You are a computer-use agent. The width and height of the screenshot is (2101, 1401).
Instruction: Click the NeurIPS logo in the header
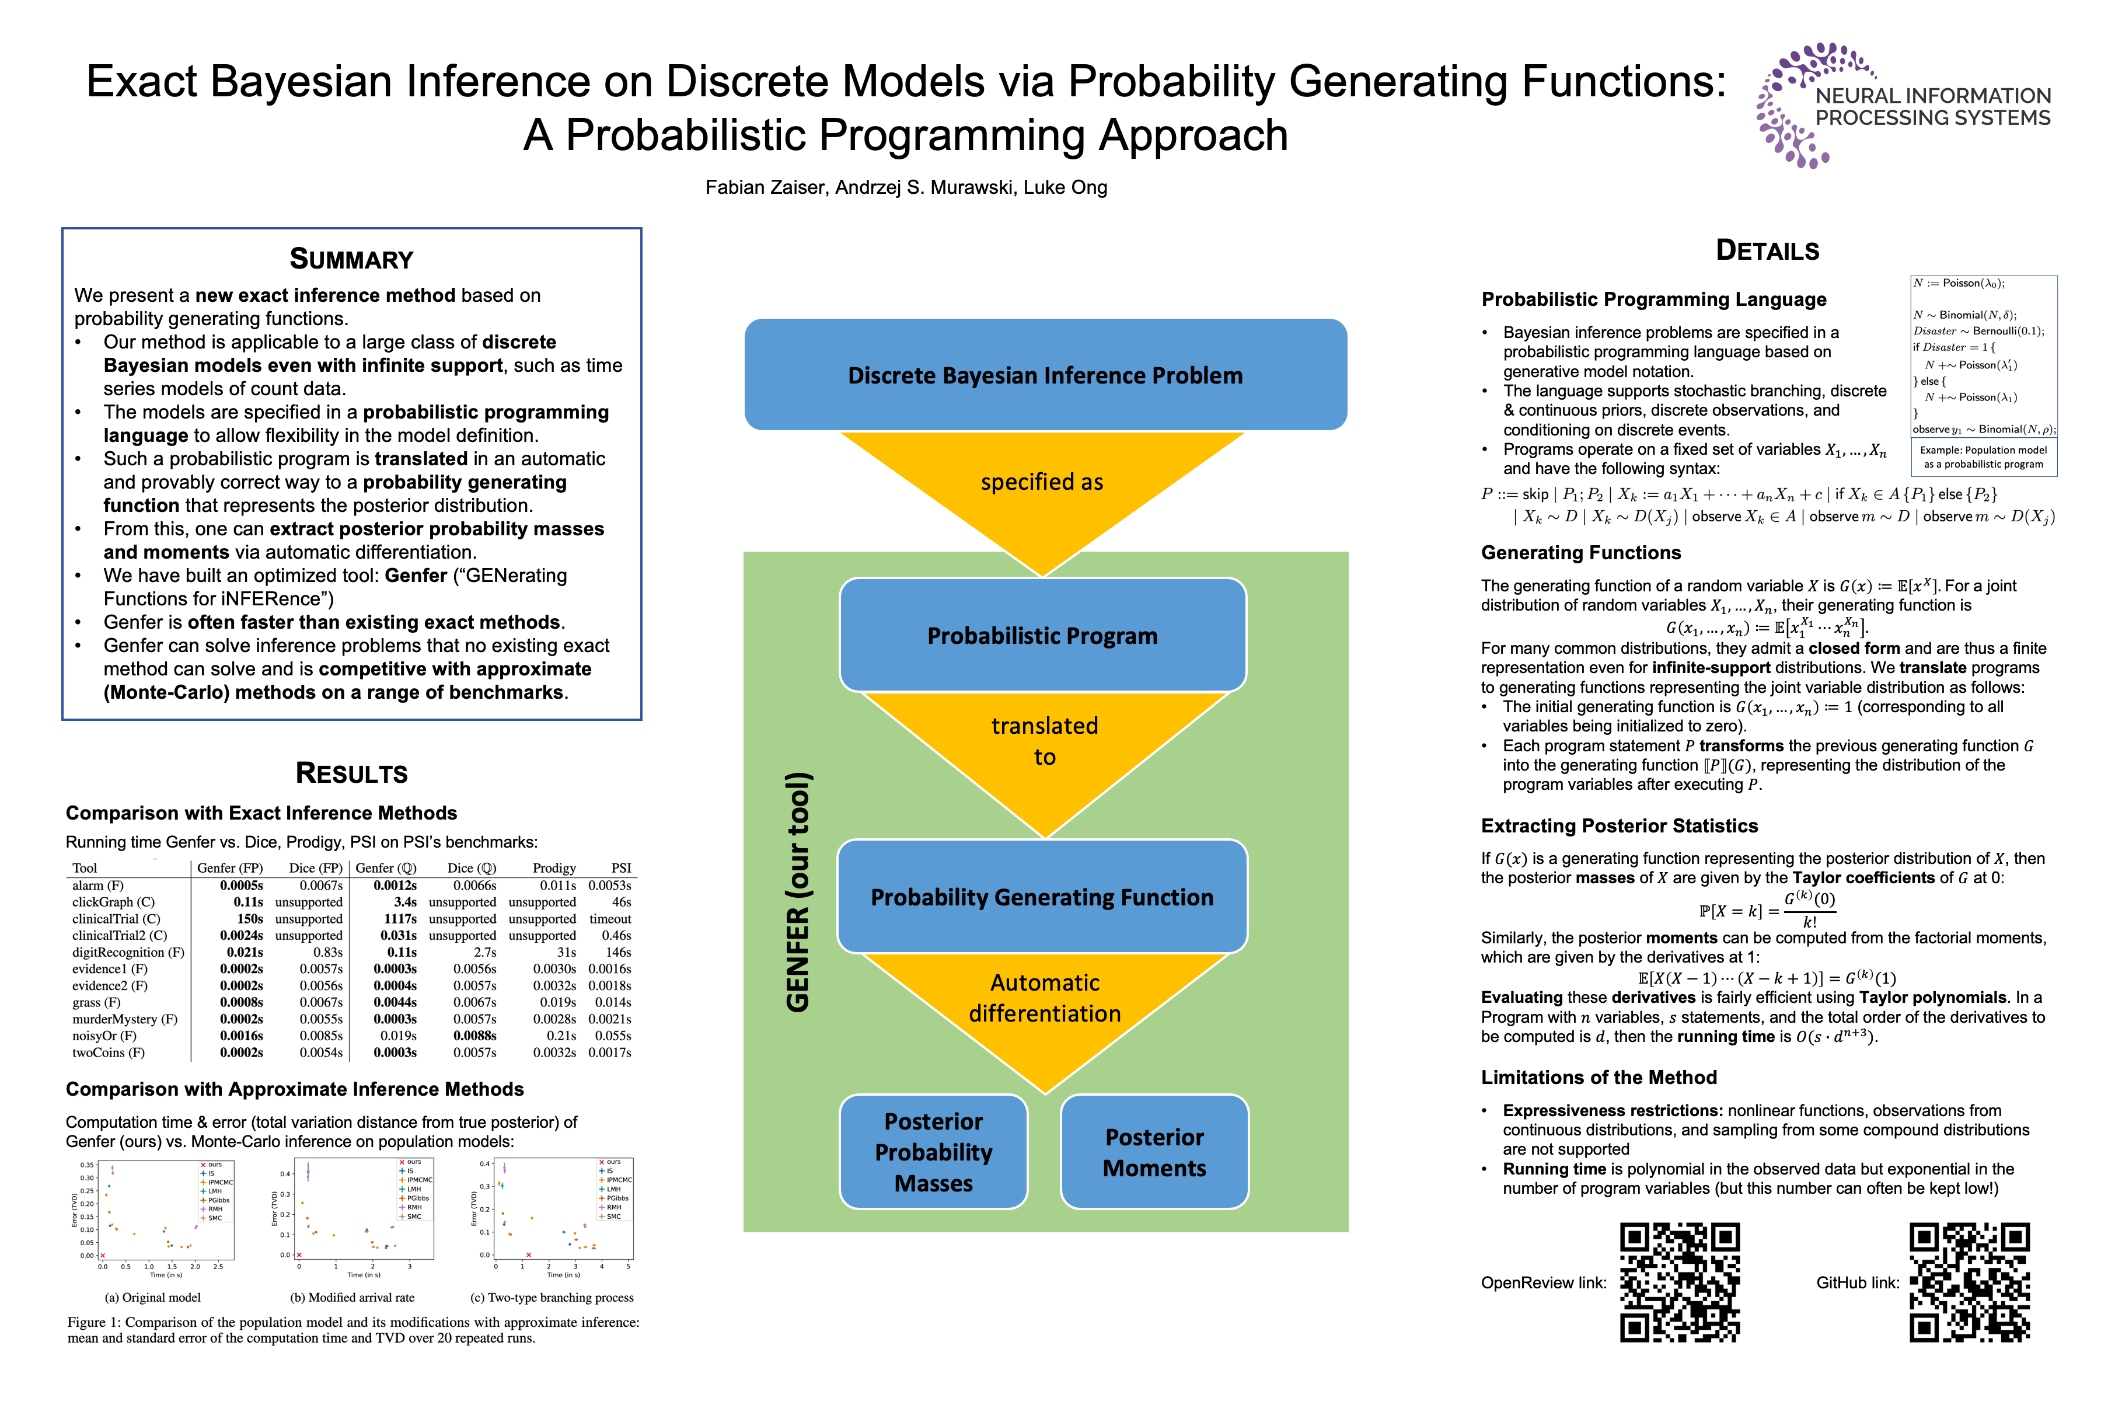[1903, 106]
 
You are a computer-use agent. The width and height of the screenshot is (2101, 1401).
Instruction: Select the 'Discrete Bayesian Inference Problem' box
[1045, 375]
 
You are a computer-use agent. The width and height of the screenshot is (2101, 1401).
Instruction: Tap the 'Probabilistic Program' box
[1042, 635]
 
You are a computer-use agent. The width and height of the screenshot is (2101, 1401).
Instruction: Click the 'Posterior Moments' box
[1154, 1152]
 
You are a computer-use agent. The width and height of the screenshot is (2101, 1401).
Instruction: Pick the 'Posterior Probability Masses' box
[933, 1152]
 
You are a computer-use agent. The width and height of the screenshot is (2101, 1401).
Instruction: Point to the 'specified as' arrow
[1042, 487]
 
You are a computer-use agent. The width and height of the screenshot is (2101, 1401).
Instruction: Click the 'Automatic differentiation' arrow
[1044, 1005]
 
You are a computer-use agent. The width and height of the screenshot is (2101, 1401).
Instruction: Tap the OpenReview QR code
[1680, 1282]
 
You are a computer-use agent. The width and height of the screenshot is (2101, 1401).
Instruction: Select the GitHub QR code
[1970, 1282]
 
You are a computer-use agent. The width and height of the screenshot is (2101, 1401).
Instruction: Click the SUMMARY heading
[351, 259]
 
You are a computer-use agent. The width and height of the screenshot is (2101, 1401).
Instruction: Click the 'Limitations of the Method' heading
[1599, 1078]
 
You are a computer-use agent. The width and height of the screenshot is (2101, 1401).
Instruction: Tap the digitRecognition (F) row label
[128, 953]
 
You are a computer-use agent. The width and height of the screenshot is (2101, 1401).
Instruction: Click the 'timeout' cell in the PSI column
[610, 918]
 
